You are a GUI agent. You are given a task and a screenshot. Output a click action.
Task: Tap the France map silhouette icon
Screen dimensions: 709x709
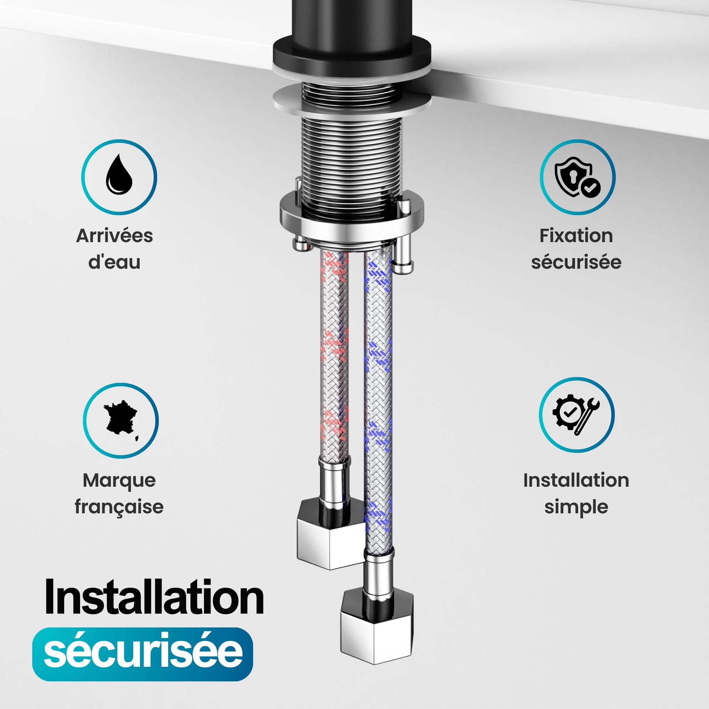[121, 420]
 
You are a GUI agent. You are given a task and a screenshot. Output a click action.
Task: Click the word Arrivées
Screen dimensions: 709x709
[115, 236]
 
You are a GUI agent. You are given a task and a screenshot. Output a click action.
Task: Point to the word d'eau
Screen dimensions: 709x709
[115, 262]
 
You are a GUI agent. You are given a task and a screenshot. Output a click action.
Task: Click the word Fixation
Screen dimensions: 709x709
[576, 236]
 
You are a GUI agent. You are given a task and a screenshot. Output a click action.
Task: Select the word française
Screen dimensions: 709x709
[119, 507]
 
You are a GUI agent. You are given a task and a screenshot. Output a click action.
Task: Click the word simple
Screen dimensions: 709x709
[576, 507]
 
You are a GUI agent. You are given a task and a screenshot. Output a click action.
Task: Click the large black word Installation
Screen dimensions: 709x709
[154, 597]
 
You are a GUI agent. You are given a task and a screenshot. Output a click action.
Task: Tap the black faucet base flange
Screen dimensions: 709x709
[352, 55]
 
